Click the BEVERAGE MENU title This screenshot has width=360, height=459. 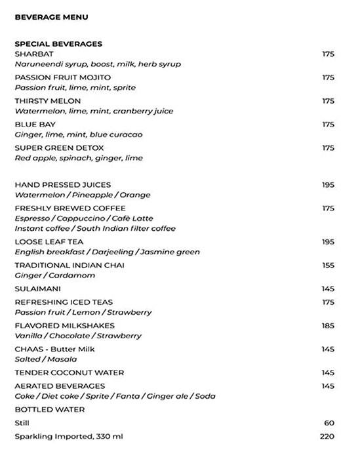[51, 16]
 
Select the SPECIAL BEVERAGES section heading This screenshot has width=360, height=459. [58, 44]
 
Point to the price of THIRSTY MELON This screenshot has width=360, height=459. [328, 101]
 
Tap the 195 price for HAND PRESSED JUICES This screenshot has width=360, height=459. [328, 185]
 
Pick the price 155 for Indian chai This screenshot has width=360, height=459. [328, 266]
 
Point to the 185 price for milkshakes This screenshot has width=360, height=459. [328, 326]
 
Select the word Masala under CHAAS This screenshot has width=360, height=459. [63, 359]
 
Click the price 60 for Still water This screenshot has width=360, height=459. [330, 424]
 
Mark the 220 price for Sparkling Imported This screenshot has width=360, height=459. [328, 437]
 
